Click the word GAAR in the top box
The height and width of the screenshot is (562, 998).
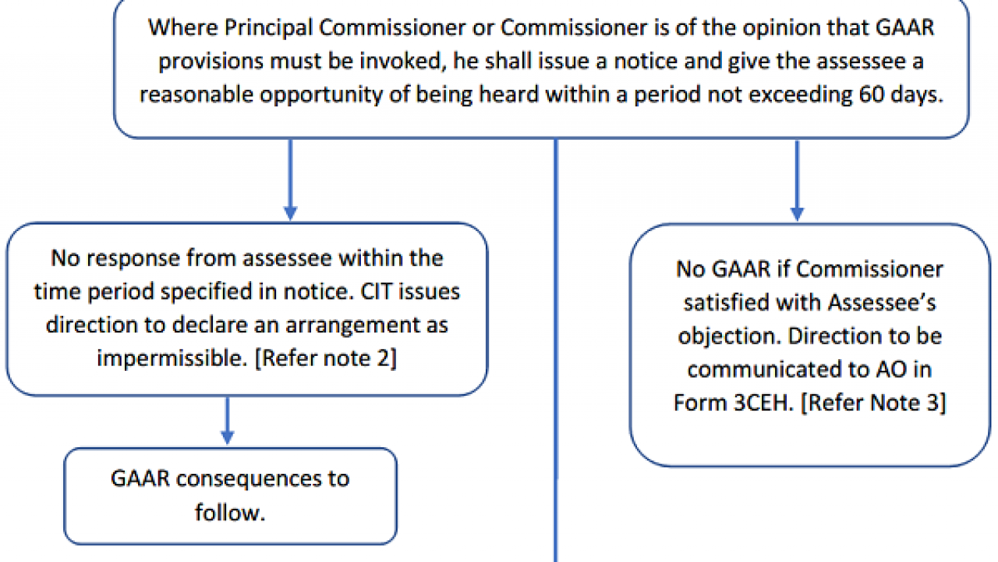tap(905, 27)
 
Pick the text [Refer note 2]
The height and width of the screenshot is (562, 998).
tap(325, 358)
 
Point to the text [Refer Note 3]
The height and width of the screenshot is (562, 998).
tap(873, 403)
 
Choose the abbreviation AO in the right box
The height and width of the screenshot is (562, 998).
tap(891, 369)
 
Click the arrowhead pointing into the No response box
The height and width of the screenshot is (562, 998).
tap(291, 214)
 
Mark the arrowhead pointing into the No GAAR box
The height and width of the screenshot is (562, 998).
tap(797, 214)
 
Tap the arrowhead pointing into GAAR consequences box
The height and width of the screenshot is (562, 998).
tap(228, 438)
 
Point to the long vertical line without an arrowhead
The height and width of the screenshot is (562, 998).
tap(556, 350)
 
